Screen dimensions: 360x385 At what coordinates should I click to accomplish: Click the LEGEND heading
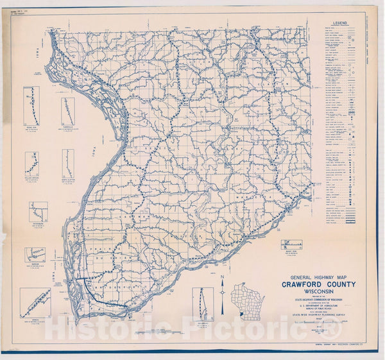(340, 22)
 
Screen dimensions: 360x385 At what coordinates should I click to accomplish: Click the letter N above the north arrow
(222, 277)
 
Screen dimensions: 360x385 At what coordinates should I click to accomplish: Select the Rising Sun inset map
(31, 106)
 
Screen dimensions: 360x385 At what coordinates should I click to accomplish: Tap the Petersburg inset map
(38, 212)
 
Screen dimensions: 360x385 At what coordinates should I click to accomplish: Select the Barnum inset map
(35, 255)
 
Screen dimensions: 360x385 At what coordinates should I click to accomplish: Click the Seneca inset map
(35, 302)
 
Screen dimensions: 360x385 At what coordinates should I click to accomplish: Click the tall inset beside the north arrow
(203, 303)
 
